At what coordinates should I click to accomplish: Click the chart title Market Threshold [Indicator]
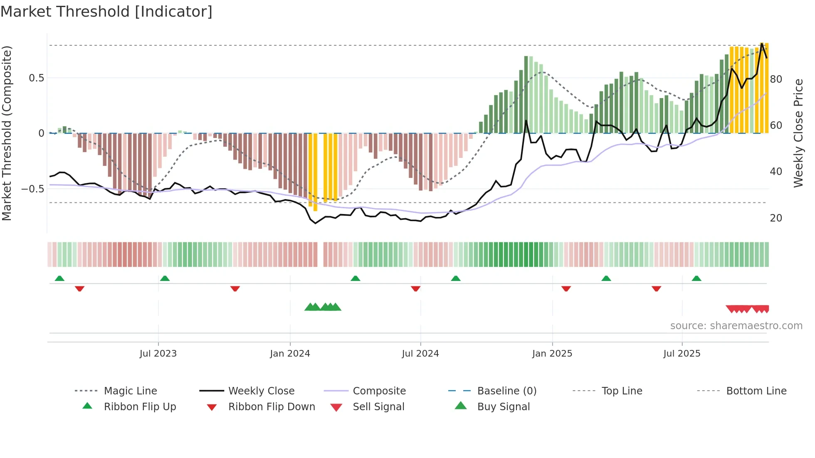pos(106,12)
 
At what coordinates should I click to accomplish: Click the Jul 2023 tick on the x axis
pos(158,354)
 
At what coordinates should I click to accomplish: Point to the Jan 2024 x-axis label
pos(290,354)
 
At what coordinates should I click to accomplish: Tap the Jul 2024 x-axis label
pos(420,354)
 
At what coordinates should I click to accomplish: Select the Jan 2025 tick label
pos(552,354)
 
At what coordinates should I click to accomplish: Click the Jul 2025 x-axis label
pos(682,354)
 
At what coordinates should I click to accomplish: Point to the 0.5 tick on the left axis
pos(36,78)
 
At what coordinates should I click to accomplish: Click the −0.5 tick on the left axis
pos(33,189)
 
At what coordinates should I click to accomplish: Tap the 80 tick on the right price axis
pos(775,79)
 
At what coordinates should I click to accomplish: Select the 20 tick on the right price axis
pos(775,218)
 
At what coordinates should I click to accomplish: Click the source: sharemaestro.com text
pos(736,326)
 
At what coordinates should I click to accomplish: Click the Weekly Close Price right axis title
pos(798,133)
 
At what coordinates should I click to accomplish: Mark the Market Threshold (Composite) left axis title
pos(7,133)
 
